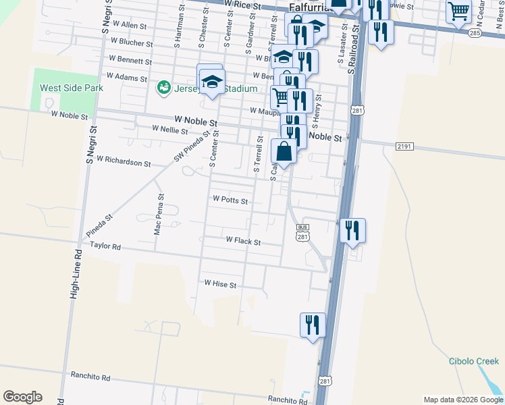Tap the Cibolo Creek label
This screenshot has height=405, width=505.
[x=473, y=361]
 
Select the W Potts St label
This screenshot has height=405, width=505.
[x=230, y=200]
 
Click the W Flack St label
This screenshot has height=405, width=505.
[x=243, y=240]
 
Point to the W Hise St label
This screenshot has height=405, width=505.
[x=220, y=285]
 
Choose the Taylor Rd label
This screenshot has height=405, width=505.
[x=105, y=248]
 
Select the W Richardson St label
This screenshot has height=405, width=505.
[x=124, y=162]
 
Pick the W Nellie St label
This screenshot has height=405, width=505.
[x=169, y=128]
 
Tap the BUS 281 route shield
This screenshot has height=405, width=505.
[x=302, y=232]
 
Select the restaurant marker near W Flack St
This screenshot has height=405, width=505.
[x=352, y=231]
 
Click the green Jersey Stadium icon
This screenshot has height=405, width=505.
[x=163, y=88]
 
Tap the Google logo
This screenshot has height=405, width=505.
[x=22, y=397]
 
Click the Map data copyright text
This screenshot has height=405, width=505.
[x=462, y=400]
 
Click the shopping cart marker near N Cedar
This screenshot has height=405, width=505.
[x=458, y=10]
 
